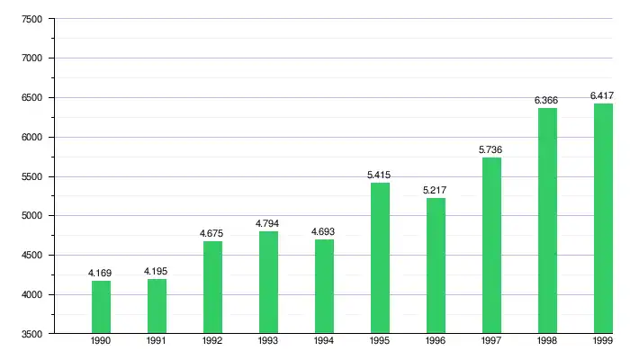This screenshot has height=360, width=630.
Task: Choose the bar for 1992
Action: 212,287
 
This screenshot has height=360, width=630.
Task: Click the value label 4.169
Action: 101,273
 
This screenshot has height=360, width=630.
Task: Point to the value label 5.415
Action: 380,175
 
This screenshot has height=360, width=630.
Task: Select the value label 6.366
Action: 547,100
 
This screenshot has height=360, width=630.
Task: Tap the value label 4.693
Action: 324,231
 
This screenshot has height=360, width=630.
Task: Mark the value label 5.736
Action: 491,149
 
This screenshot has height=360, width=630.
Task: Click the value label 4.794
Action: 268,223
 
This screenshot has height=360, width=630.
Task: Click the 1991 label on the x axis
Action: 157,342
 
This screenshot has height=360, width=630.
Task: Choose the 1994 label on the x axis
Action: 324,342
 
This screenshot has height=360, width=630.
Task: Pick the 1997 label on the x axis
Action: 491,342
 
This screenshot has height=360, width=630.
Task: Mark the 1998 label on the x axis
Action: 547,342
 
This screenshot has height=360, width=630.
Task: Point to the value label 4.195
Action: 157,271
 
